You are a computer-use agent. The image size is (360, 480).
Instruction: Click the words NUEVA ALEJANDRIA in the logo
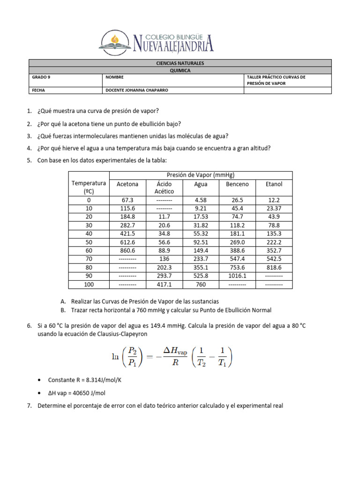point(173,45)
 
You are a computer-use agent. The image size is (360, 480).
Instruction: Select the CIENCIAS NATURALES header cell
point(180,63)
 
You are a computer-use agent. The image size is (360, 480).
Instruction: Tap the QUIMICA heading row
point(180,70)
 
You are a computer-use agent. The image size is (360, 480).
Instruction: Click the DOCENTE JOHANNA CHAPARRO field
point(136,90)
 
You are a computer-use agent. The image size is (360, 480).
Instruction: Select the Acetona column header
point(127,184)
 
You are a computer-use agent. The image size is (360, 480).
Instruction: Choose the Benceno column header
point(238,184)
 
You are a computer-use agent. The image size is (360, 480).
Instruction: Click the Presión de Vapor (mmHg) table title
point(201,175)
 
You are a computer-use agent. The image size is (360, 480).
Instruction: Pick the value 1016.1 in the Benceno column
point(238,276)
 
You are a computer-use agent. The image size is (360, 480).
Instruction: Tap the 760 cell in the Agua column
point(201,284)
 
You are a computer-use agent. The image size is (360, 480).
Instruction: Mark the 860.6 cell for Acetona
point(127,250)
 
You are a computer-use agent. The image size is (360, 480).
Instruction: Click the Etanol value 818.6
point(274,267)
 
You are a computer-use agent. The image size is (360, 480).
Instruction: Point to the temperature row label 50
point(89,242)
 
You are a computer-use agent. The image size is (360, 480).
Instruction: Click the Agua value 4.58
point(201,200)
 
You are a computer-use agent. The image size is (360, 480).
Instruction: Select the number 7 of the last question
point(29,406)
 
